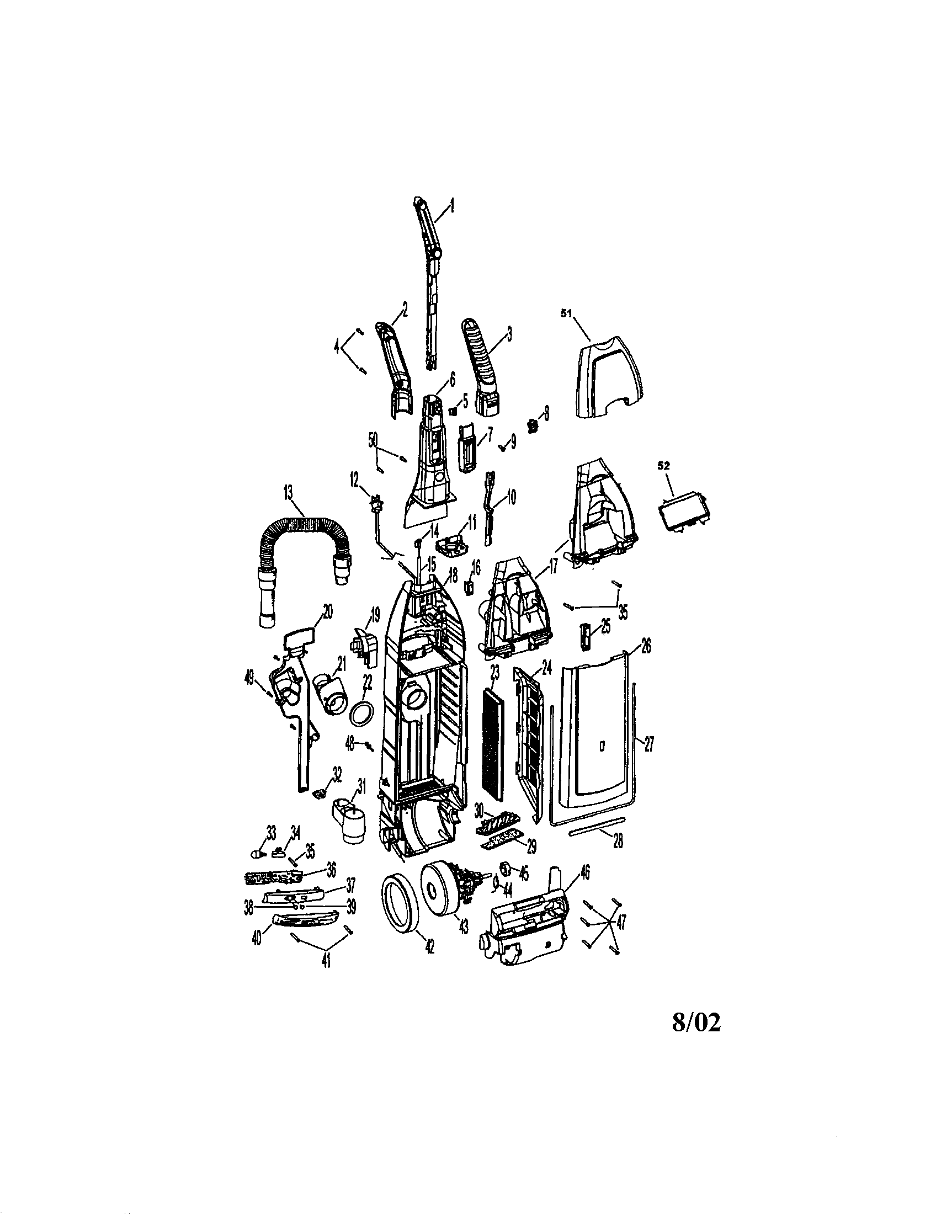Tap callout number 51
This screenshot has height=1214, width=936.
coord(566,313)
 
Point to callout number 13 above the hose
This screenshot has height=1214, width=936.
coord(289,492)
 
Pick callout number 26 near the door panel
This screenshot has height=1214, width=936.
coord(646,647)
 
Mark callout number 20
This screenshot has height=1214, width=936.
coord(328,613)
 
